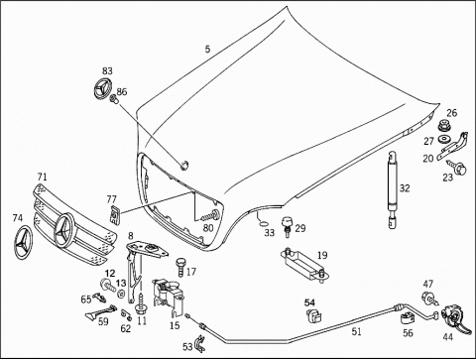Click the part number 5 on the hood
207,50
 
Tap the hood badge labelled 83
100,88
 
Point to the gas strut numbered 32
393,189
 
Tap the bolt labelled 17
180,267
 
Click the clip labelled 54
313,315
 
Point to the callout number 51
356,331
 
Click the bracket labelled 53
200,343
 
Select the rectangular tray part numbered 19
303,265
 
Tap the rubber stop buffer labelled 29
287,226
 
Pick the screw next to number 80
211,215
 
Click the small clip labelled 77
114,214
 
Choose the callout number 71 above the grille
43,177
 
